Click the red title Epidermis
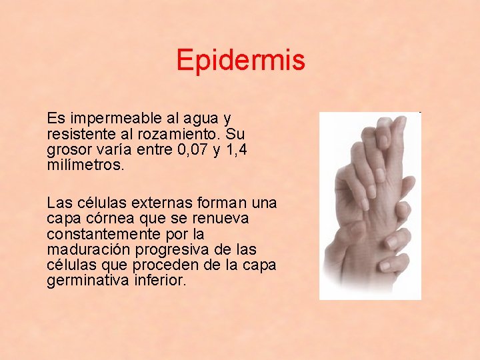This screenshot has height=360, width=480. coord(240,61)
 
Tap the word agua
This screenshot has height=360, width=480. coord(201,119)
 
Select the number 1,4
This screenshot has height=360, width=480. coord(236,151)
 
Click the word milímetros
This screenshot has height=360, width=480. coord(85,166)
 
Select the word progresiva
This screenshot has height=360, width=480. coord(171,250)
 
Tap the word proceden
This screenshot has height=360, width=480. coord(156,265)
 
